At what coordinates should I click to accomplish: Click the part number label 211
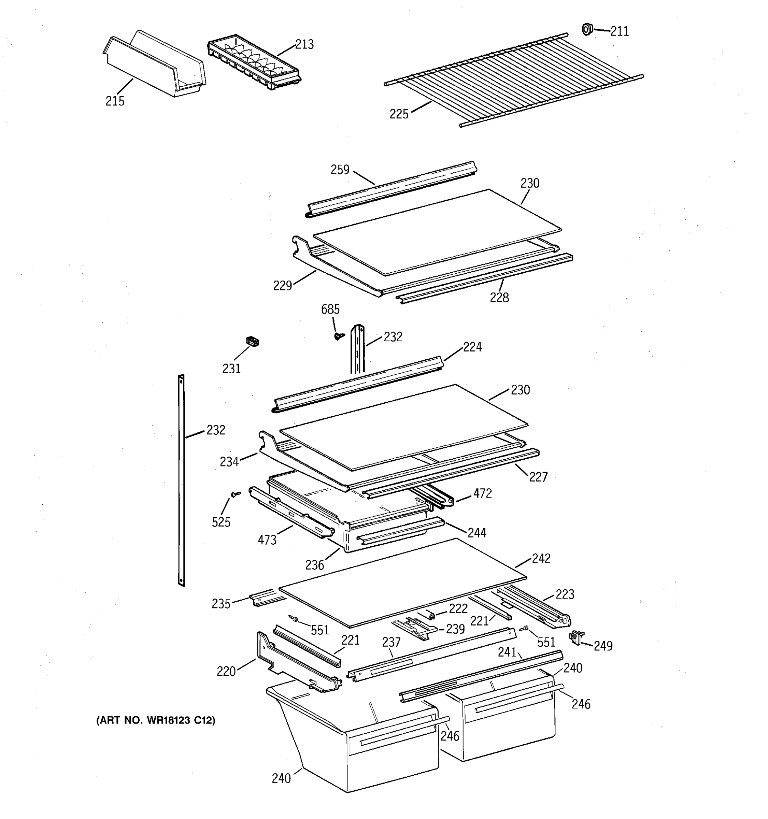(x=619, y=31)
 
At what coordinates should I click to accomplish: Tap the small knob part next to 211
(x=587, y=29)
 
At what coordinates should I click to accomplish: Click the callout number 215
(x=115, y=101)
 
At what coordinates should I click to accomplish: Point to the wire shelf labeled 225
(x=513, y=80)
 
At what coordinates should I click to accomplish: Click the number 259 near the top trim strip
(x=340, y=170)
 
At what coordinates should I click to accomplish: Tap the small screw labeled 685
(x=339, y=336)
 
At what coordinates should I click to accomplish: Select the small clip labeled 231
(x=252, y=342)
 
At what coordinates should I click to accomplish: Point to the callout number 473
(x=267, y=540)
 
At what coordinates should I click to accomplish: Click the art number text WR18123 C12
(x=155, y=720)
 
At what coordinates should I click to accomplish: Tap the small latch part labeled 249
(x=575, y=638)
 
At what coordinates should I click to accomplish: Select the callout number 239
(x=455, y=629)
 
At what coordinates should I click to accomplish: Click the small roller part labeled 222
(x=431, y=615)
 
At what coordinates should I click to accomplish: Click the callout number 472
(x=482, y=493)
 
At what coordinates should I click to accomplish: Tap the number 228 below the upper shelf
(x=499, y=298)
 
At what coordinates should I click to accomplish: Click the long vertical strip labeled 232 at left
(x=181, y=480)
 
